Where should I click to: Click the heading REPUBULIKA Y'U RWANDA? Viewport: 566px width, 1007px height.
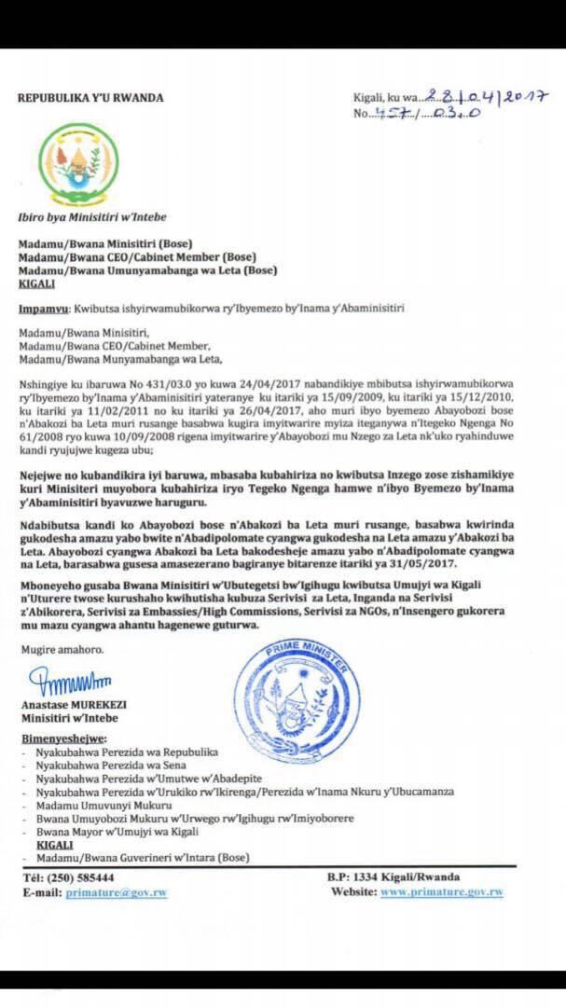[x=91, y=97]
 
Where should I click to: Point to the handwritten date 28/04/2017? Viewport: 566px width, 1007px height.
[x=486, y=97]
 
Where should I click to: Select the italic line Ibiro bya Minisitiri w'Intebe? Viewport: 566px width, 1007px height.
[x=92, y=216]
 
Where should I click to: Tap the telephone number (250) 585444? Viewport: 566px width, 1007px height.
[x=84, y=877]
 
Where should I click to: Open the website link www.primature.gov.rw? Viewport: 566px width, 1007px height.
[x=442, y=892]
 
